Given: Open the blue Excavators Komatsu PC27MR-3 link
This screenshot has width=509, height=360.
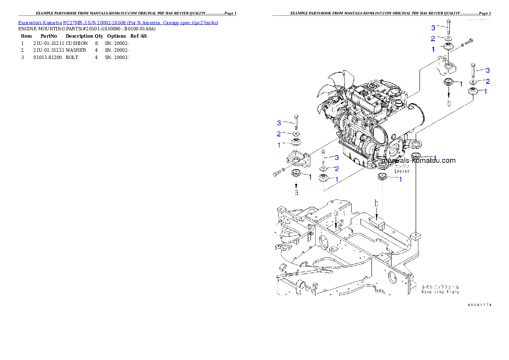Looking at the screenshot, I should (x=118, y=22).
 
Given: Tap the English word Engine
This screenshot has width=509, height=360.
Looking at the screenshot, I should (x=402, y=171).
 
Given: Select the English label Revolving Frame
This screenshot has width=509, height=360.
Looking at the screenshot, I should (x=440, y=292).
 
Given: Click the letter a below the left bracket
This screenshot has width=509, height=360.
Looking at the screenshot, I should (x=296, y=192).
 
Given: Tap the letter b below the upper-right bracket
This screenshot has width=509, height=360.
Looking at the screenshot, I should (x=449, y=103).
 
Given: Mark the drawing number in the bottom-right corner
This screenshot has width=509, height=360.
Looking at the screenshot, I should (x=479, y=305).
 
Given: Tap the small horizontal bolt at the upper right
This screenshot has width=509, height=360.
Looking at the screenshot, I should (x=468, y=42).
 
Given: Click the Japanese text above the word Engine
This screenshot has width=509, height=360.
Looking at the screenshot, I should (x=402, y=165).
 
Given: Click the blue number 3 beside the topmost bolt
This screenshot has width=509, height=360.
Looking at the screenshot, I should (x=433, y=28).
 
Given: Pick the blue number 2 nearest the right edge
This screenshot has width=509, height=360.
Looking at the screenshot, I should (x=487, y=81).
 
